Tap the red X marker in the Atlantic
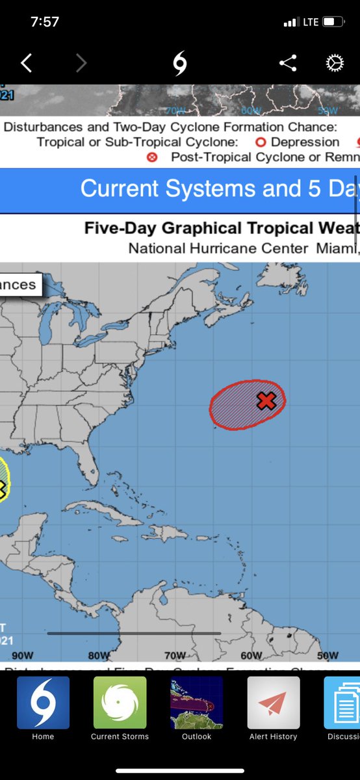click(265, 400)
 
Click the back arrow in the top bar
click(26, 63)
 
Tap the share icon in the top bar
click(288, 63)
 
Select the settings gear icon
click(334, 63)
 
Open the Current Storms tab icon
click(120, 702)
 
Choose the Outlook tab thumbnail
click(196, 702)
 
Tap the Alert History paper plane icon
click(274, 702)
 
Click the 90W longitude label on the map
click(23, 655)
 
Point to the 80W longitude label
click(99, 655)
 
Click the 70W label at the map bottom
click(175, 655)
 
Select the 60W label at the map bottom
click(251, 655)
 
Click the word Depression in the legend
click(305, 142)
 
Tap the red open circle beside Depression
click(261, 142)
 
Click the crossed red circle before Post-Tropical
click(153, 157)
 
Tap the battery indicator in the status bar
click(333, 22)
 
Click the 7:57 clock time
click(45, 21)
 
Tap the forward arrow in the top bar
click(81, 63)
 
